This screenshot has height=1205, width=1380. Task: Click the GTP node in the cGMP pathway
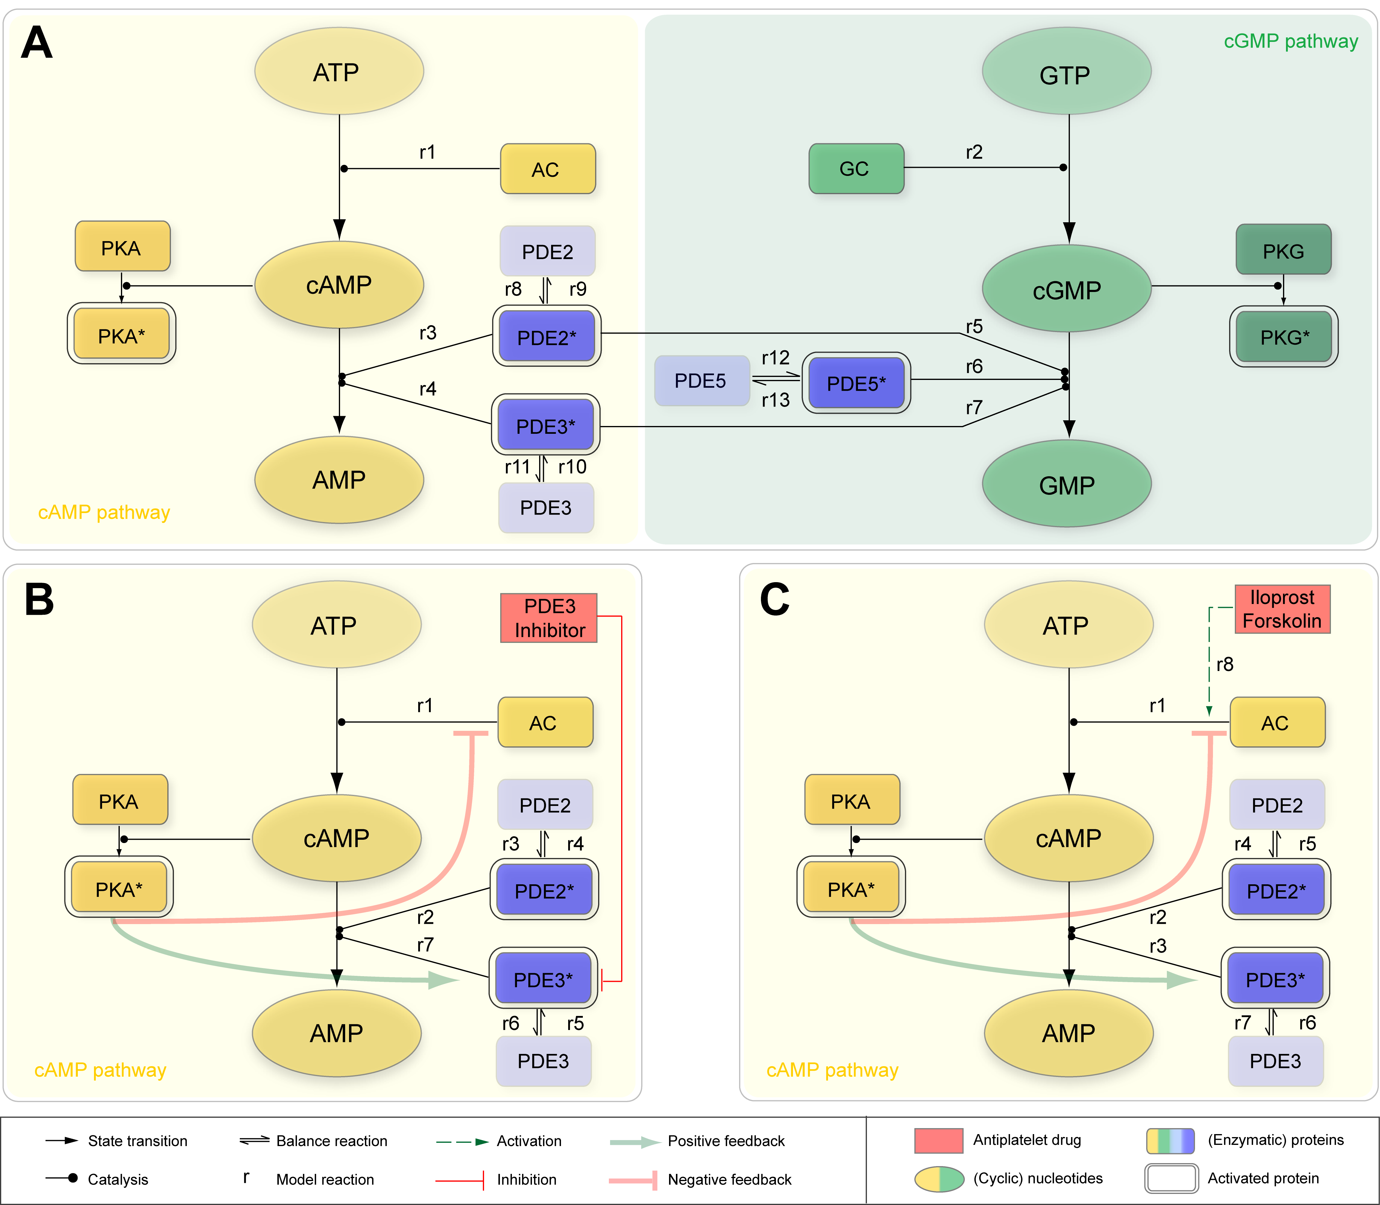pyautogui.click(x=1067, y=71)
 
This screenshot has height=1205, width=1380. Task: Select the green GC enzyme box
pyautogui.click(x=856, y=169)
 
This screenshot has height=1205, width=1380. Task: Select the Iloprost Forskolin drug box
pyautogui.click(x=1282, y=609)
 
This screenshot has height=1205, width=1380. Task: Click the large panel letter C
pyautogui.click(x=774, y=599)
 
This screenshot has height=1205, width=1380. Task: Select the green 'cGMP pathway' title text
pyautogui.click(x=1290, y=42)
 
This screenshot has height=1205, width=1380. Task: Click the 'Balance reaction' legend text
pyautogui.click(x=332, y=1141)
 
